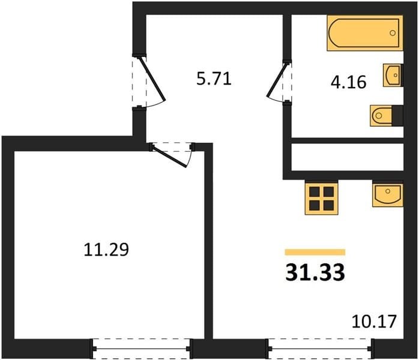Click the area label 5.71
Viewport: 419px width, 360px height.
click(214, 79)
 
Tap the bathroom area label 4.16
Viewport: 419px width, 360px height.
click(348, 82)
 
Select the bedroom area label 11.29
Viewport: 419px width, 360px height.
click(106, 250)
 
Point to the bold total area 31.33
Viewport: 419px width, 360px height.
click(315, 272)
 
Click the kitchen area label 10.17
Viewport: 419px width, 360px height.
click(374, 322)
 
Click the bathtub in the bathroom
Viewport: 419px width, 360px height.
click(365, 33)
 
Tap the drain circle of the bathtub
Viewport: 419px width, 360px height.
click(393, 33)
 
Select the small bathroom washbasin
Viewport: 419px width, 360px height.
click(392, 76)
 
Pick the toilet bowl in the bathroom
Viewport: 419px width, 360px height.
click(381, 116)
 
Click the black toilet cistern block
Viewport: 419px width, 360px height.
click(397, 116)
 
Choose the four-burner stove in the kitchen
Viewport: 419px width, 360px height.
click(322, 199)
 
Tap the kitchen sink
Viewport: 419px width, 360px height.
click(388, 194)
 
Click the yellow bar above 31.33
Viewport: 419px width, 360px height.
click(315, 252)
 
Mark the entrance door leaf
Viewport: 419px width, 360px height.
click(152, 79)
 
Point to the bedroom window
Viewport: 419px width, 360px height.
click(141, 349)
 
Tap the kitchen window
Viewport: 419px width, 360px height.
click(320, 349)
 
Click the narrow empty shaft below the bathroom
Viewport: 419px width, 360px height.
click(347, 157)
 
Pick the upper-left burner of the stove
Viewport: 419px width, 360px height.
click(315, 191)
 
